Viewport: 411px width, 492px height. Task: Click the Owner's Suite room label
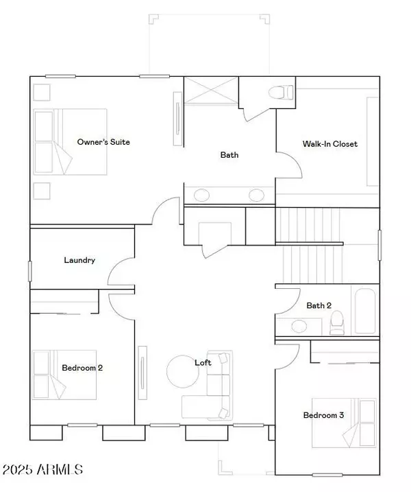(103, 142)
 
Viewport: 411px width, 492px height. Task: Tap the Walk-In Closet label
(330, 143)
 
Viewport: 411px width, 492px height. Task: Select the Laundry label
(79, 260)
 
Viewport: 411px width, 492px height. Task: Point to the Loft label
(203, 363)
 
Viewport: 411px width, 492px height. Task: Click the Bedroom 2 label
(82, 368)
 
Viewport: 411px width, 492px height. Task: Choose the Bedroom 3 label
(323, 415)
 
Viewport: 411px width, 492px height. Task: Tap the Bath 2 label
(319, 305)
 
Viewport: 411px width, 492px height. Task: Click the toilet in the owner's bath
(281, 92)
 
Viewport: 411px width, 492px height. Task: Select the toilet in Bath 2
(337, 323)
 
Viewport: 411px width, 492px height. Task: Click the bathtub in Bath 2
(365, 311)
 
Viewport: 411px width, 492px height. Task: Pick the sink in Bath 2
(299, 327)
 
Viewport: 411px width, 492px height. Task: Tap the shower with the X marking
(211, 90)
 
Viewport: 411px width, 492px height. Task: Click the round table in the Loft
(183, 371)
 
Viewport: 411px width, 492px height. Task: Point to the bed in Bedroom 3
(344, 423)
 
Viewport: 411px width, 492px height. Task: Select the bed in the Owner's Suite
(70, 141)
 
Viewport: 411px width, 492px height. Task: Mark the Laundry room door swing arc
(114, 267)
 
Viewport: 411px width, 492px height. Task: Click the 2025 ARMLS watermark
(42, 469)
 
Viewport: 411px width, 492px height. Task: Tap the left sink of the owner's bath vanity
(201, 195)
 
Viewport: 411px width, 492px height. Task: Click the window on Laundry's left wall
(30, 271)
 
